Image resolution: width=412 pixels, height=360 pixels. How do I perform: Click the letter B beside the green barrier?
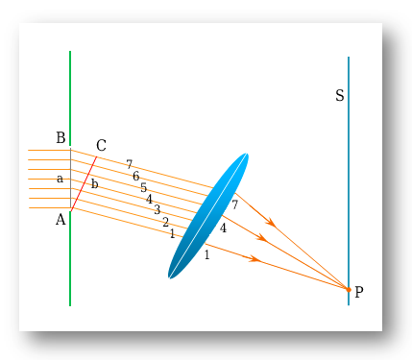point(61,138)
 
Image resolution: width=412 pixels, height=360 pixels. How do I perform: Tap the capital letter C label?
point(101,146)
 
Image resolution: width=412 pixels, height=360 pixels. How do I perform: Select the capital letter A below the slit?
point(61,219)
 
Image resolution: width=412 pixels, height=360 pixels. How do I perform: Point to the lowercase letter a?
point(60,179)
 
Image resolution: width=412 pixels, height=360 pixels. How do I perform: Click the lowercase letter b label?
point(94,183)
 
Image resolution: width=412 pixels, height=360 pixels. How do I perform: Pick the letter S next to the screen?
point(340,96)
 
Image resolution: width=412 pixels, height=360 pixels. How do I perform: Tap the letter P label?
point(359,292)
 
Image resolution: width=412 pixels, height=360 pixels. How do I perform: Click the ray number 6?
point(136,177)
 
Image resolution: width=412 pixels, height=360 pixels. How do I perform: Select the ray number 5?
point(144,188)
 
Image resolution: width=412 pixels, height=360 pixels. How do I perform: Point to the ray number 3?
point(157,210)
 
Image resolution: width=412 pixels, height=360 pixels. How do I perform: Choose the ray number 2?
point(165,223)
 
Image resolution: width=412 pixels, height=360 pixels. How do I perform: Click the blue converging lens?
point(208,216)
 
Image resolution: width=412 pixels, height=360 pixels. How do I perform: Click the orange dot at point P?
point(349,289)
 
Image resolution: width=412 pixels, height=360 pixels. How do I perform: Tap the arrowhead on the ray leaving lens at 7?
point(272,223)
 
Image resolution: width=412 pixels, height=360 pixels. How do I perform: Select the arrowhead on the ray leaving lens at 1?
point(254,259)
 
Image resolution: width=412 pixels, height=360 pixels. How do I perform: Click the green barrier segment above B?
point(70,96)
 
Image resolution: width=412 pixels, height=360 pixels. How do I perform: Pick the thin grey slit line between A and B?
point(70,178)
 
